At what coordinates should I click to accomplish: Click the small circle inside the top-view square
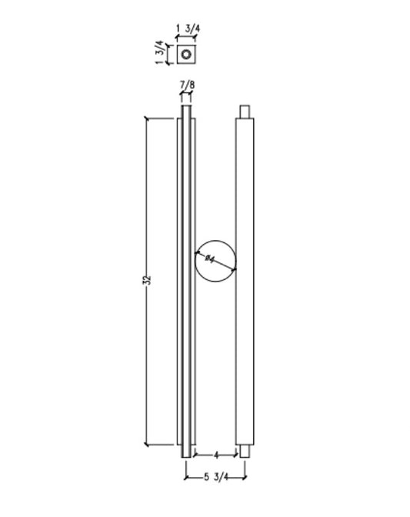click(x=185, y=54)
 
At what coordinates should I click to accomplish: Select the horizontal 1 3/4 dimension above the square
click(x=188, y=29)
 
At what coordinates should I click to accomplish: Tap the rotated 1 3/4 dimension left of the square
click(x=159, y=53)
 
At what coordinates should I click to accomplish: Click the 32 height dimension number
click(x=148, y=280)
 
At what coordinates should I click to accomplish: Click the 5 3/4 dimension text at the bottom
click(x=216, y=478)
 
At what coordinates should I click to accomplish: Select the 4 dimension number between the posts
click(x=216, y=455)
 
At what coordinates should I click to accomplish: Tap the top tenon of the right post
click(x=244, y=112)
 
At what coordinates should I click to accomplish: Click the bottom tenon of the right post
click(x=244, y=451)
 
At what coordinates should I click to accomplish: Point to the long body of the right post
click(x=244, y=281)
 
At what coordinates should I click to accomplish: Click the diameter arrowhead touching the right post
click(x=233, y=269)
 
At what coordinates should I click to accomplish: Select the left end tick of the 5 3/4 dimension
click(x=185, y=478)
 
